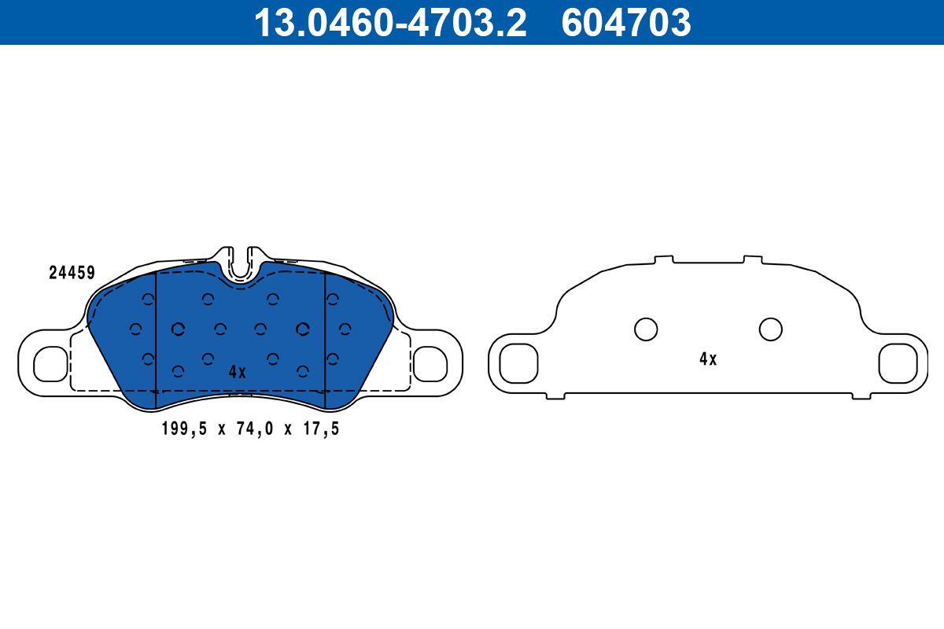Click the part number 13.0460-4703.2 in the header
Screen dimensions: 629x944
pos(389,23)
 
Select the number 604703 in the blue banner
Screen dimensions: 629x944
pos(625,23)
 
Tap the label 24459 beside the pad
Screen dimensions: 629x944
pos(72,274)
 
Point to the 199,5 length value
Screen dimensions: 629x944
pos(180,429)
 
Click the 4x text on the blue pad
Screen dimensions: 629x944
pos(237,372)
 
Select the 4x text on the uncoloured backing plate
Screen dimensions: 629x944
pos(708,359)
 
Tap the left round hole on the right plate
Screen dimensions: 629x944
pos(646,329)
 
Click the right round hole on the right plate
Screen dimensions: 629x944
pos(770,329)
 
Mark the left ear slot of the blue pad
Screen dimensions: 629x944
pos(51,362)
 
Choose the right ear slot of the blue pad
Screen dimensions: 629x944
pos(430,362)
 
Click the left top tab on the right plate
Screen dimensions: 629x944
pos(663,259)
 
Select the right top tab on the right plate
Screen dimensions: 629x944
pos(752,259)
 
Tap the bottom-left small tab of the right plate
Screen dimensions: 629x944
pos(555,395)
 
